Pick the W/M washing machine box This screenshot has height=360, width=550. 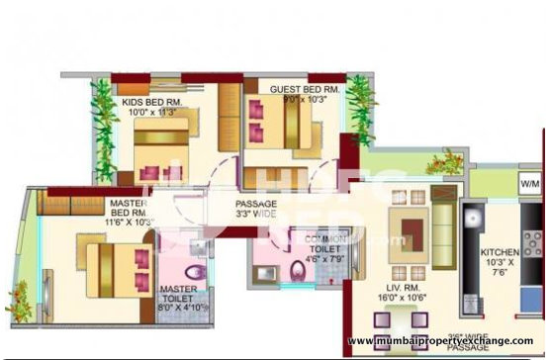point(530,183)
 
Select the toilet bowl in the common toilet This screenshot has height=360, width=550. point(298,272)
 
